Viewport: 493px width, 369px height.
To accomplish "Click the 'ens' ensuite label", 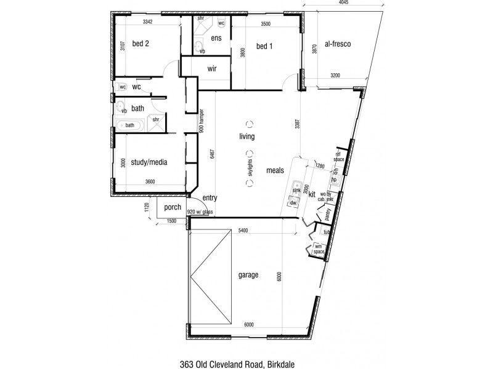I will [216, 38].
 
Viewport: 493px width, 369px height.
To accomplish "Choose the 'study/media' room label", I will [149, 162].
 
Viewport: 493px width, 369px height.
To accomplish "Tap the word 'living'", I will [248, 137].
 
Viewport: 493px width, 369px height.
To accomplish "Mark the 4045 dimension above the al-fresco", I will [344, 4].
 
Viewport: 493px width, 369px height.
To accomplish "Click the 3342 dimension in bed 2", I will [147, 22].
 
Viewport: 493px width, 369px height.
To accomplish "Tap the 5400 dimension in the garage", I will [245, 231].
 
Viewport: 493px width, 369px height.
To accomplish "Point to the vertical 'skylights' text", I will [250, 167].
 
